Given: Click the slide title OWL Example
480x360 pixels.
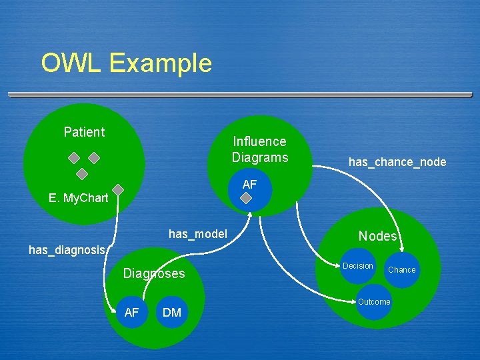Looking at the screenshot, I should pyautogui.click(x=126, y=63).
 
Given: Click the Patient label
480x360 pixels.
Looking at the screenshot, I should pyautogui.click(x=84, y=132).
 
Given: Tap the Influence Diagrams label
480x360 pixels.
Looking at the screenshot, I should pyautogui.click(x=260, y=149).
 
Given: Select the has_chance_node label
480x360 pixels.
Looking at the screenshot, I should pyautogui.click(x=397, y=162).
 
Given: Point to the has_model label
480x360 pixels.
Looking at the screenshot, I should pyautogui.click(x=198, y=234).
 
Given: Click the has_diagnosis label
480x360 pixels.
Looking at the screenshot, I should pyautogui.click(x=67, y=250).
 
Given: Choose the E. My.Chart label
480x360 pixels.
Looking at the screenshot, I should pyautogui.click(x=79, y=198).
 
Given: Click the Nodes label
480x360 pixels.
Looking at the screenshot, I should pyautogui.click(x=377, y=236).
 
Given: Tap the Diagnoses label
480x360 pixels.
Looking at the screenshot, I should pyautogui.click(x=154, y=274).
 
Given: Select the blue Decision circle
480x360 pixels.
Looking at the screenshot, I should pyautogui.click(x=358, y=267).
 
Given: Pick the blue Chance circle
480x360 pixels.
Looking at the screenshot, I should pyautogui.click(x=401, y=270).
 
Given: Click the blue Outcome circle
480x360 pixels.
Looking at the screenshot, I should pyautogui.click(x=374, y=302).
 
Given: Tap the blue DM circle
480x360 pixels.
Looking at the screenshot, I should pyautogui.click(x=172, y=313).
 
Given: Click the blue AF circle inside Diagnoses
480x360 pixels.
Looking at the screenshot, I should pyautogui.click(x=132, y=312).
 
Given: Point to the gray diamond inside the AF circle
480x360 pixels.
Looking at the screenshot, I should pyautogui.click(x=247, y=199).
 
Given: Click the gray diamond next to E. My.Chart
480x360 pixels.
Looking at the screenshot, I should pyautogui.click(x=118, y=190).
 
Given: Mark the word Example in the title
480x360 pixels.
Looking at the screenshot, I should pyautogui.click(x=161, y=63).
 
